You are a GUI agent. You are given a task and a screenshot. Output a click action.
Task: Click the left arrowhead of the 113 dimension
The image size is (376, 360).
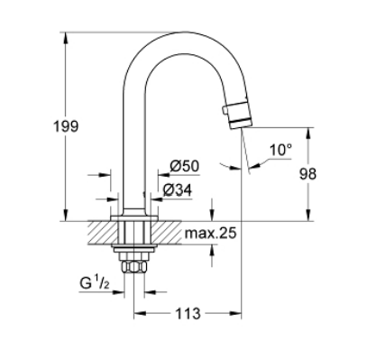point(138,315)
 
